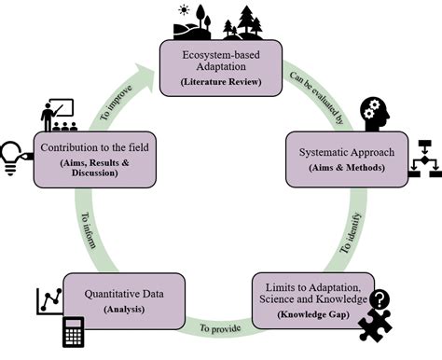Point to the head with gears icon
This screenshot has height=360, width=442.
click(x=370, y=114)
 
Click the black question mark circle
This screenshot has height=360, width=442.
click(x=380, y=299)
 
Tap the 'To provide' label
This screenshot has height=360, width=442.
click(x=222, y=327)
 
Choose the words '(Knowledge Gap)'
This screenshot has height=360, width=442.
click(x=311, y=318)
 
